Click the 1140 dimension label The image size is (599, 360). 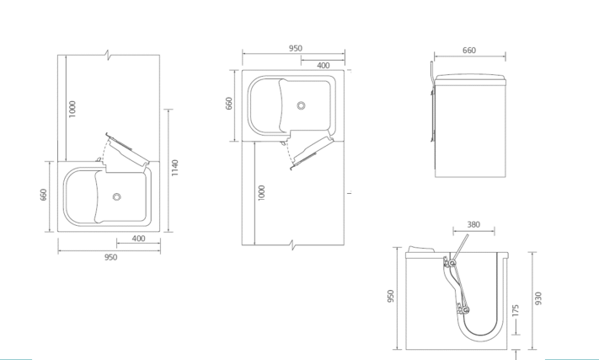(x=175, y=168)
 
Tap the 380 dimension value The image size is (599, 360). (x=473, y=225)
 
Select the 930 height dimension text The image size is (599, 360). (x=538, y=298)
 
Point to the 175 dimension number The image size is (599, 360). (x=516, y=310)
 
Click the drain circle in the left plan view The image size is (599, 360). (x=117, y=196)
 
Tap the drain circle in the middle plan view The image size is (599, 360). (x=301, y=105)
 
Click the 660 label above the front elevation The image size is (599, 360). (x=469, y=51)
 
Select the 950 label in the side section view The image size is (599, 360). (x=390, y=296)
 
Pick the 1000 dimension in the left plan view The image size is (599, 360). (x=72, y=109)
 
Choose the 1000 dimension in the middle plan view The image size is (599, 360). (x=261, y=192)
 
